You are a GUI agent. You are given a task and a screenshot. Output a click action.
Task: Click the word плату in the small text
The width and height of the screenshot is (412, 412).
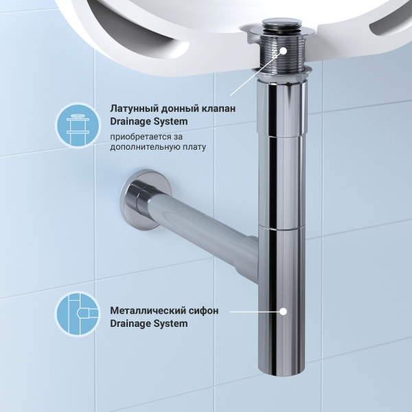click(x=192, y=147)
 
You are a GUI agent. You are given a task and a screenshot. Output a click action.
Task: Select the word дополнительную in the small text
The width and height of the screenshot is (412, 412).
click(x=142, y=147)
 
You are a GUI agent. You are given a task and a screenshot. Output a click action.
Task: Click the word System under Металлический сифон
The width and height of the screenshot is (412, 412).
click(x=170, y=323)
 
